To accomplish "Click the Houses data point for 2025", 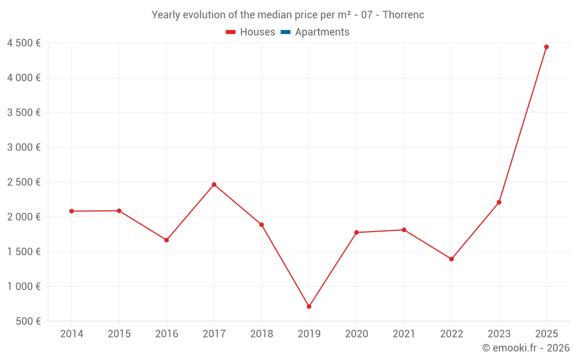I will (546, 47).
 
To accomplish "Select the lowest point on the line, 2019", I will (309, 306).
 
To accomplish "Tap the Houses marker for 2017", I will (214, 184).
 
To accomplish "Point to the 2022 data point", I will (451, 259).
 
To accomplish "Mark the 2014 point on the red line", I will (71, 211).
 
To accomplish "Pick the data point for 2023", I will (499, 202).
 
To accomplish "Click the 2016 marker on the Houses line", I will (166, 240).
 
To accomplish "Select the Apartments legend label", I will (322, 32).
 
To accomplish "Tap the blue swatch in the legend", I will (285, 32).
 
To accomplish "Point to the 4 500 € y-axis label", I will (24, 43).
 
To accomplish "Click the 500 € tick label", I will (28, 321).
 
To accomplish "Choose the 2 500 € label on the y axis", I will (24, 182).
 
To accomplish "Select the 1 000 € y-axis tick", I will (24, 286).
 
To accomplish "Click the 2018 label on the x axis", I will (262, 334).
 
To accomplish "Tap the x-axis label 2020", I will (356, 334).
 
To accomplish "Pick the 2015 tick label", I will (119, 334).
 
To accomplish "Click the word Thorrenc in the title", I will (403, 15).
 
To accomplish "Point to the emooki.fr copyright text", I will (526, 348).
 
